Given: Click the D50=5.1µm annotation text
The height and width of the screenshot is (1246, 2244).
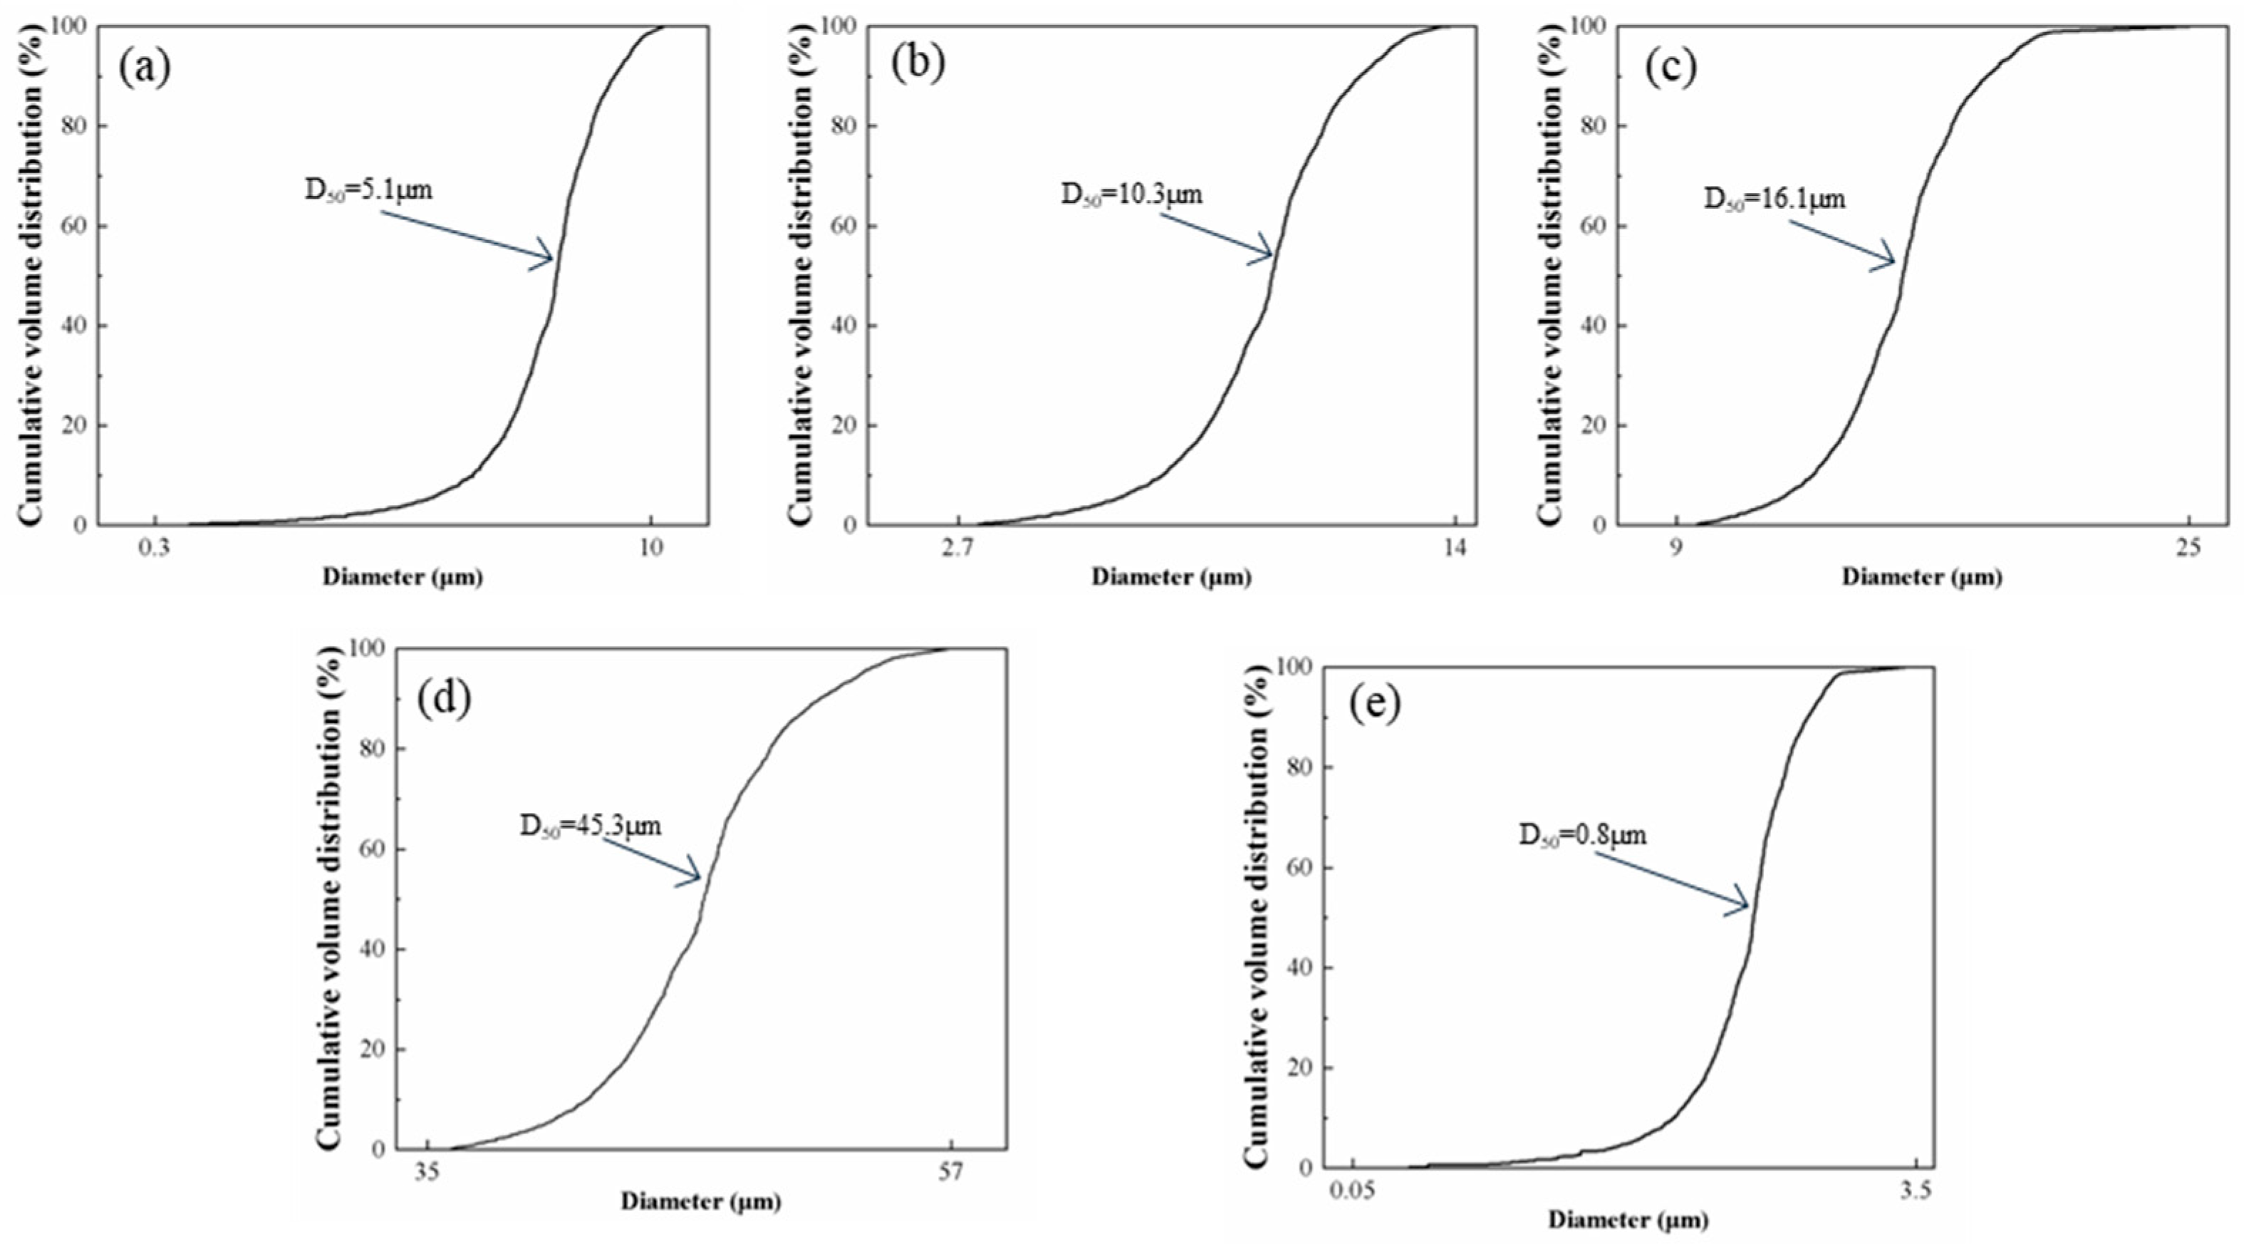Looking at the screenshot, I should coord(368,190).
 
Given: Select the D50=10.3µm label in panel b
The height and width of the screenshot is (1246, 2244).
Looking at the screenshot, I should coord(1131,194).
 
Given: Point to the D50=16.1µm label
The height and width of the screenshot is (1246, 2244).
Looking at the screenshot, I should coord(1774,199).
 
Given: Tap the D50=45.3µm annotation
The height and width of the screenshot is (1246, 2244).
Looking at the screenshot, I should coord(591,825).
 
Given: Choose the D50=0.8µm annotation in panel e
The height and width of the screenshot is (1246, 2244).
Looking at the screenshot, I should coord(1583,836).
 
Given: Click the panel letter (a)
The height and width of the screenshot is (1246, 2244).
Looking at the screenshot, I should coord(145,68).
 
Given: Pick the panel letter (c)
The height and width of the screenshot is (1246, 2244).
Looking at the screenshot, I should coord(1671,68).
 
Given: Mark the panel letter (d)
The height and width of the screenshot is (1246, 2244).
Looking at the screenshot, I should coord(445,697).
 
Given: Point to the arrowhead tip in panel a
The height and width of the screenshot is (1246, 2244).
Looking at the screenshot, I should coord(553,259).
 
